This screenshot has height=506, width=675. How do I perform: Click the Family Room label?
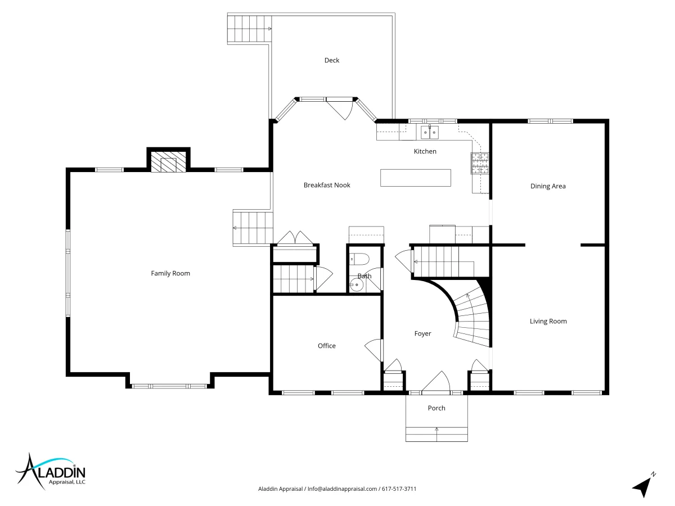pos(170,273)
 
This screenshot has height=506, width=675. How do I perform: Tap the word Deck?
pos(332,60)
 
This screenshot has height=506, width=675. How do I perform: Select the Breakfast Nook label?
pos(327,185)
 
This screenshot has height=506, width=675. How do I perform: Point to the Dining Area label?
pos(548,186)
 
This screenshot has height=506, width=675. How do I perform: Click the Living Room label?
pos(548,321)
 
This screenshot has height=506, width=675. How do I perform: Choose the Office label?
pos(327,346)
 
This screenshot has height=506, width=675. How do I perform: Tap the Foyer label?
pos(423,333)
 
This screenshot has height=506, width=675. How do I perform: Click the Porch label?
pos(436,408)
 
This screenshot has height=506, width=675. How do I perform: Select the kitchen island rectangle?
pos(416,178)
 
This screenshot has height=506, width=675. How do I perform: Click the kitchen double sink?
pos(430,132)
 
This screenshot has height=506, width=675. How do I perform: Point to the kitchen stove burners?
pos(480,163)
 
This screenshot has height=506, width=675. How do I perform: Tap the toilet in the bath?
pos(359,259)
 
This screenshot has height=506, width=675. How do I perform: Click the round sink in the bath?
pos(357,285)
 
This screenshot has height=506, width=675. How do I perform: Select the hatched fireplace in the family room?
pos(168,161)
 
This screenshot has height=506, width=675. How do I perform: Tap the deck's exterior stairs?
pos(249,29)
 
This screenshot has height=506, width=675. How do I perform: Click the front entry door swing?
pos(436,382)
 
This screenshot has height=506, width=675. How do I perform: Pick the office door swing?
pos(374,350)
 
